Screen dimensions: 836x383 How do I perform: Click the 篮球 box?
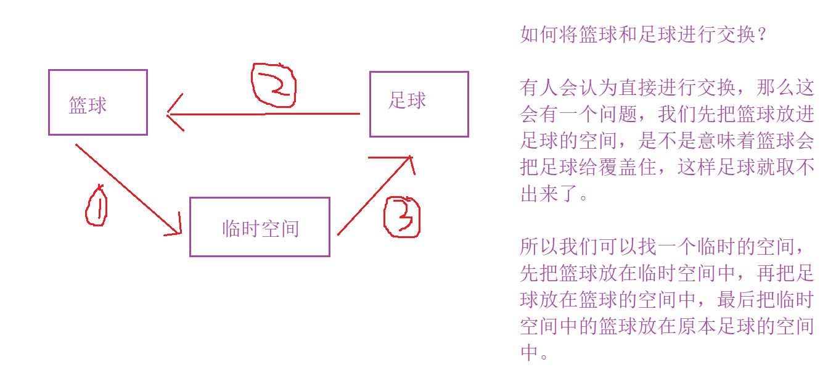pyautogui.click(x=97, y=102)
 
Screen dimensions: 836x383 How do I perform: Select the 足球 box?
pyautogui.click(x=419, y=104)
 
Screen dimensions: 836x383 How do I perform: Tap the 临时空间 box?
pyautogui.click(x=259, y=226)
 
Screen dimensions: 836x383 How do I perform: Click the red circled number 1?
pyautogui.click(x=96, y=207)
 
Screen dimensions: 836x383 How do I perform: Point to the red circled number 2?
pyautogui.click(x=274, y=86)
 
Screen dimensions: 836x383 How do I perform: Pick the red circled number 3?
pyautogui.click(x=402, y=216)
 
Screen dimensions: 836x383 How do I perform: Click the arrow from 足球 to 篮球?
pyautogui.click(x=265, y=113)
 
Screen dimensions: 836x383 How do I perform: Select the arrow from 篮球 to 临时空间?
pyautogui.click(x=126, y=188)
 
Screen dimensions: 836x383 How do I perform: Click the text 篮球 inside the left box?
pyautogui.click(x=88, y=105)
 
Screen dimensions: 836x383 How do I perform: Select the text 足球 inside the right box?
pyautogui.click(x=407, y=101)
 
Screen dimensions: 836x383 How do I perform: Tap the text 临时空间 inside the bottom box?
pyautogui.click(x=260, y=229)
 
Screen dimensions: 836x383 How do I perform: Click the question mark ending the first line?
pyautogui.click(x=762, y=35)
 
